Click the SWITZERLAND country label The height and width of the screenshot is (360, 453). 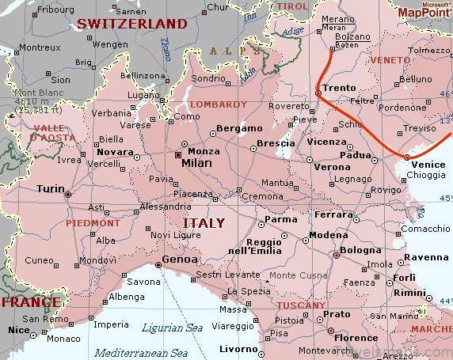131,24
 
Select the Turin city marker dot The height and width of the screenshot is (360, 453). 68,193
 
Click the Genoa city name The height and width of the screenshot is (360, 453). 176,259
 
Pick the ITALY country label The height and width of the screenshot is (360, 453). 204,222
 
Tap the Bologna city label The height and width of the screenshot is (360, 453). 360,250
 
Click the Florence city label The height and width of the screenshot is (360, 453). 355,338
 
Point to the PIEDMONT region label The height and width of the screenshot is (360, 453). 93,223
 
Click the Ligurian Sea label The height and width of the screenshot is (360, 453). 173,327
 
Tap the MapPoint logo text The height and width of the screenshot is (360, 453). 423,13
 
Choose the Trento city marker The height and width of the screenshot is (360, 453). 318,93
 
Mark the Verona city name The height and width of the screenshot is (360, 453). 332,167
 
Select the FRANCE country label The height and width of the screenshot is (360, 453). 30,302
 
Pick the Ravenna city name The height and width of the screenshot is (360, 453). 426,257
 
